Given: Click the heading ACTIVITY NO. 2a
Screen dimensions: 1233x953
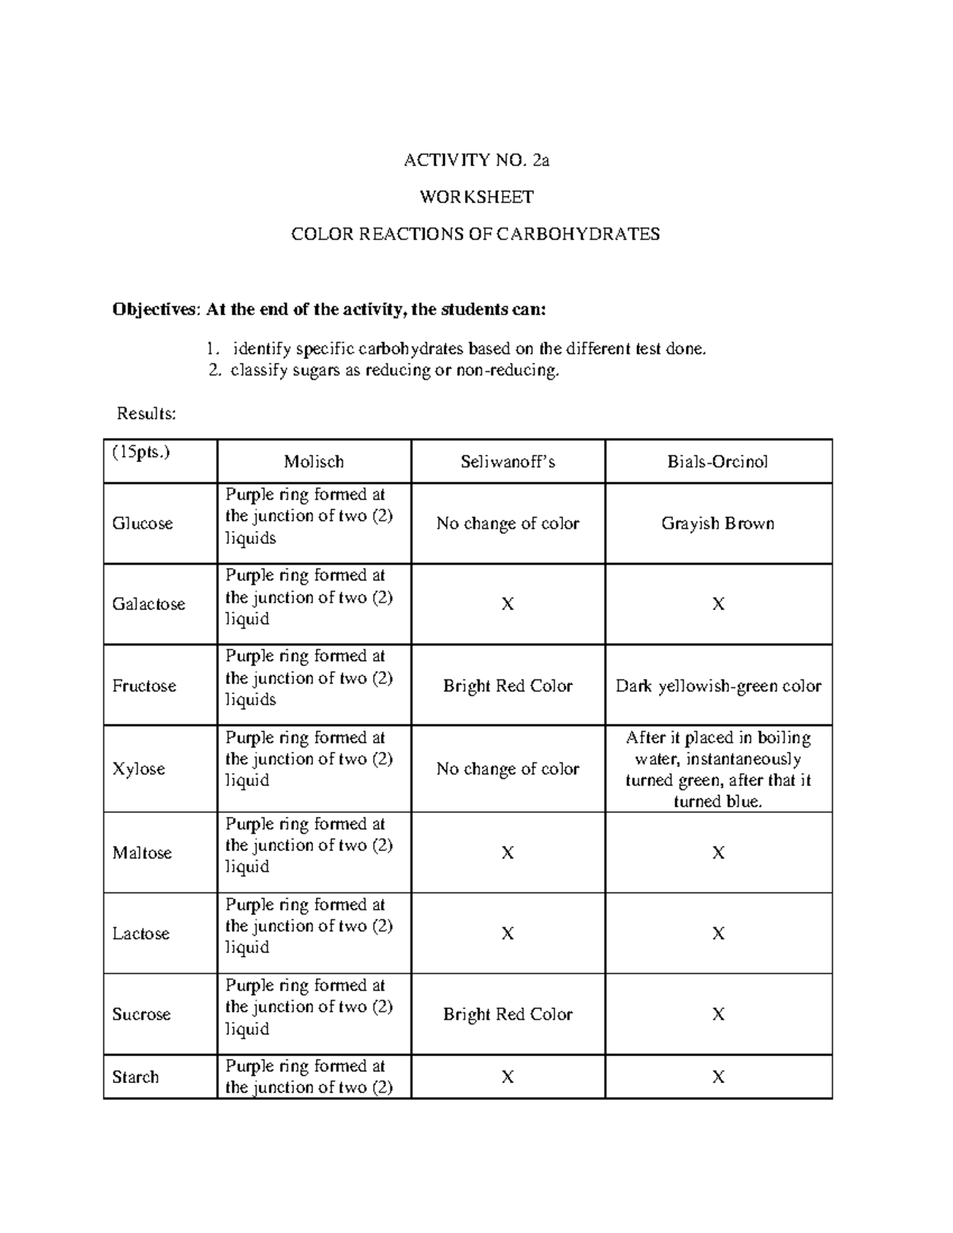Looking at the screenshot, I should coord(476,160).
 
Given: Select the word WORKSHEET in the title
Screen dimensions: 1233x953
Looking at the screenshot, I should coord(476,197).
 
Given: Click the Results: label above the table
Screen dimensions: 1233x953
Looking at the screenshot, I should coord(146,413).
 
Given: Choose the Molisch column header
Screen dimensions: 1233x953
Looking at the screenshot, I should coord(314,461).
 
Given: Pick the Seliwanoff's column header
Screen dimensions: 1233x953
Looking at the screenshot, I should coord(507,461).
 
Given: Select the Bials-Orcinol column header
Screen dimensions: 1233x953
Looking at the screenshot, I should coord(718,461).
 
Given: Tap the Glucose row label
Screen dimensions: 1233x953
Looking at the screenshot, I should coord(142,524).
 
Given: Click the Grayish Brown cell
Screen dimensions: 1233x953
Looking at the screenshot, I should coord(718,524).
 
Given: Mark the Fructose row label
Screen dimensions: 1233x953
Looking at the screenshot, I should coord(144,686).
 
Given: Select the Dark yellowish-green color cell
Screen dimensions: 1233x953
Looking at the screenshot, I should coord(718,686).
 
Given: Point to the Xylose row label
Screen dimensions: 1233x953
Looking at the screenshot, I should coord(138,769).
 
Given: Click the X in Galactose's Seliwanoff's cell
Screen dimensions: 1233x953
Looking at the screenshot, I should coord(507,605).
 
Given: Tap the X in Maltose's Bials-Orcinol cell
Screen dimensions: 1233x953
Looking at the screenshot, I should coord(718,853).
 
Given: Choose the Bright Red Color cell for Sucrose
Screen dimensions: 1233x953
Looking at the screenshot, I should coord(507,1015).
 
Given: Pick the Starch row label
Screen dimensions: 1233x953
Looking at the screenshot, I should coord(135,1077).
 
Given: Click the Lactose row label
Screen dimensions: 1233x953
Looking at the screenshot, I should coord(141,934).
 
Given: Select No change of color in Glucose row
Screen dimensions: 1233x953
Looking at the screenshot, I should coord(507,524).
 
